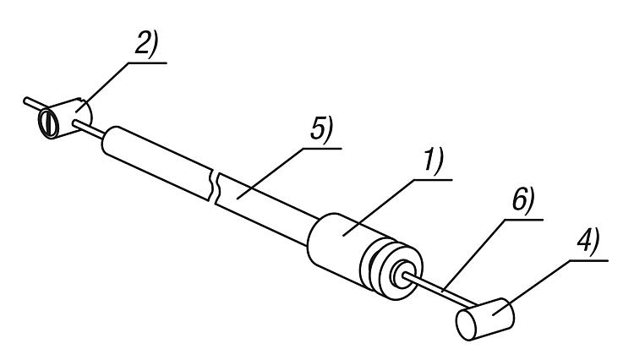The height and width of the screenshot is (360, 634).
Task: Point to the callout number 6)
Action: tap(521, 206)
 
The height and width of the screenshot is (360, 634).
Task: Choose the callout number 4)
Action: tap(586, 246)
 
